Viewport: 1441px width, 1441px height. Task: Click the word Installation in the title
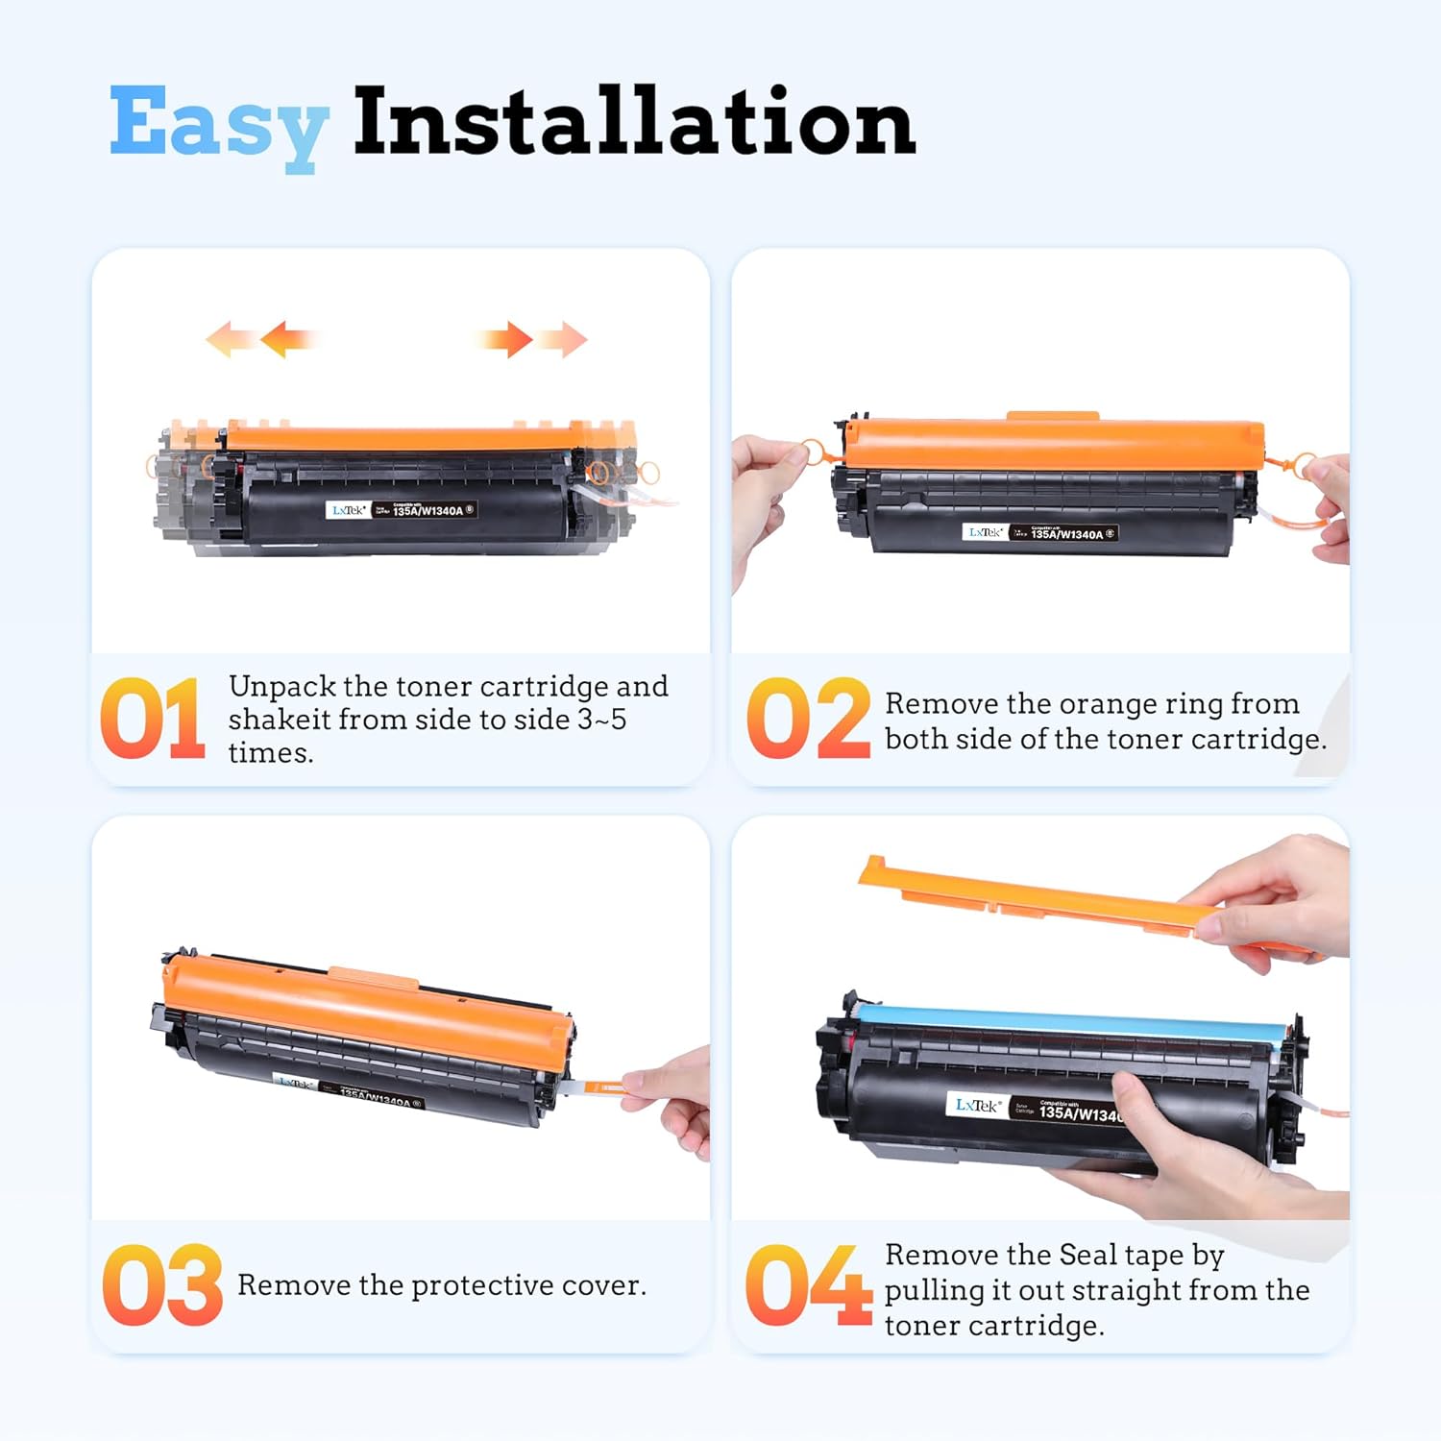634,122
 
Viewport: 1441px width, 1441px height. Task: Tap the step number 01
152,719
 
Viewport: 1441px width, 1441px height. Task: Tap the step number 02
807,719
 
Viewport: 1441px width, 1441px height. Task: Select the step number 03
161,1285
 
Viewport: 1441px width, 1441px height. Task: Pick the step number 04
807,1285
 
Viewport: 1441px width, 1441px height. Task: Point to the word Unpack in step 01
281,687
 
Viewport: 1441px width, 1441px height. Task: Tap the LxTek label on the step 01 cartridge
348,510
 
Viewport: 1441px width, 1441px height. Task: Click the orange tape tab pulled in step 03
605,1087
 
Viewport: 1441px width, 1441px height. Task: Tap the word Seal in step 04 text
1087,1256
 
